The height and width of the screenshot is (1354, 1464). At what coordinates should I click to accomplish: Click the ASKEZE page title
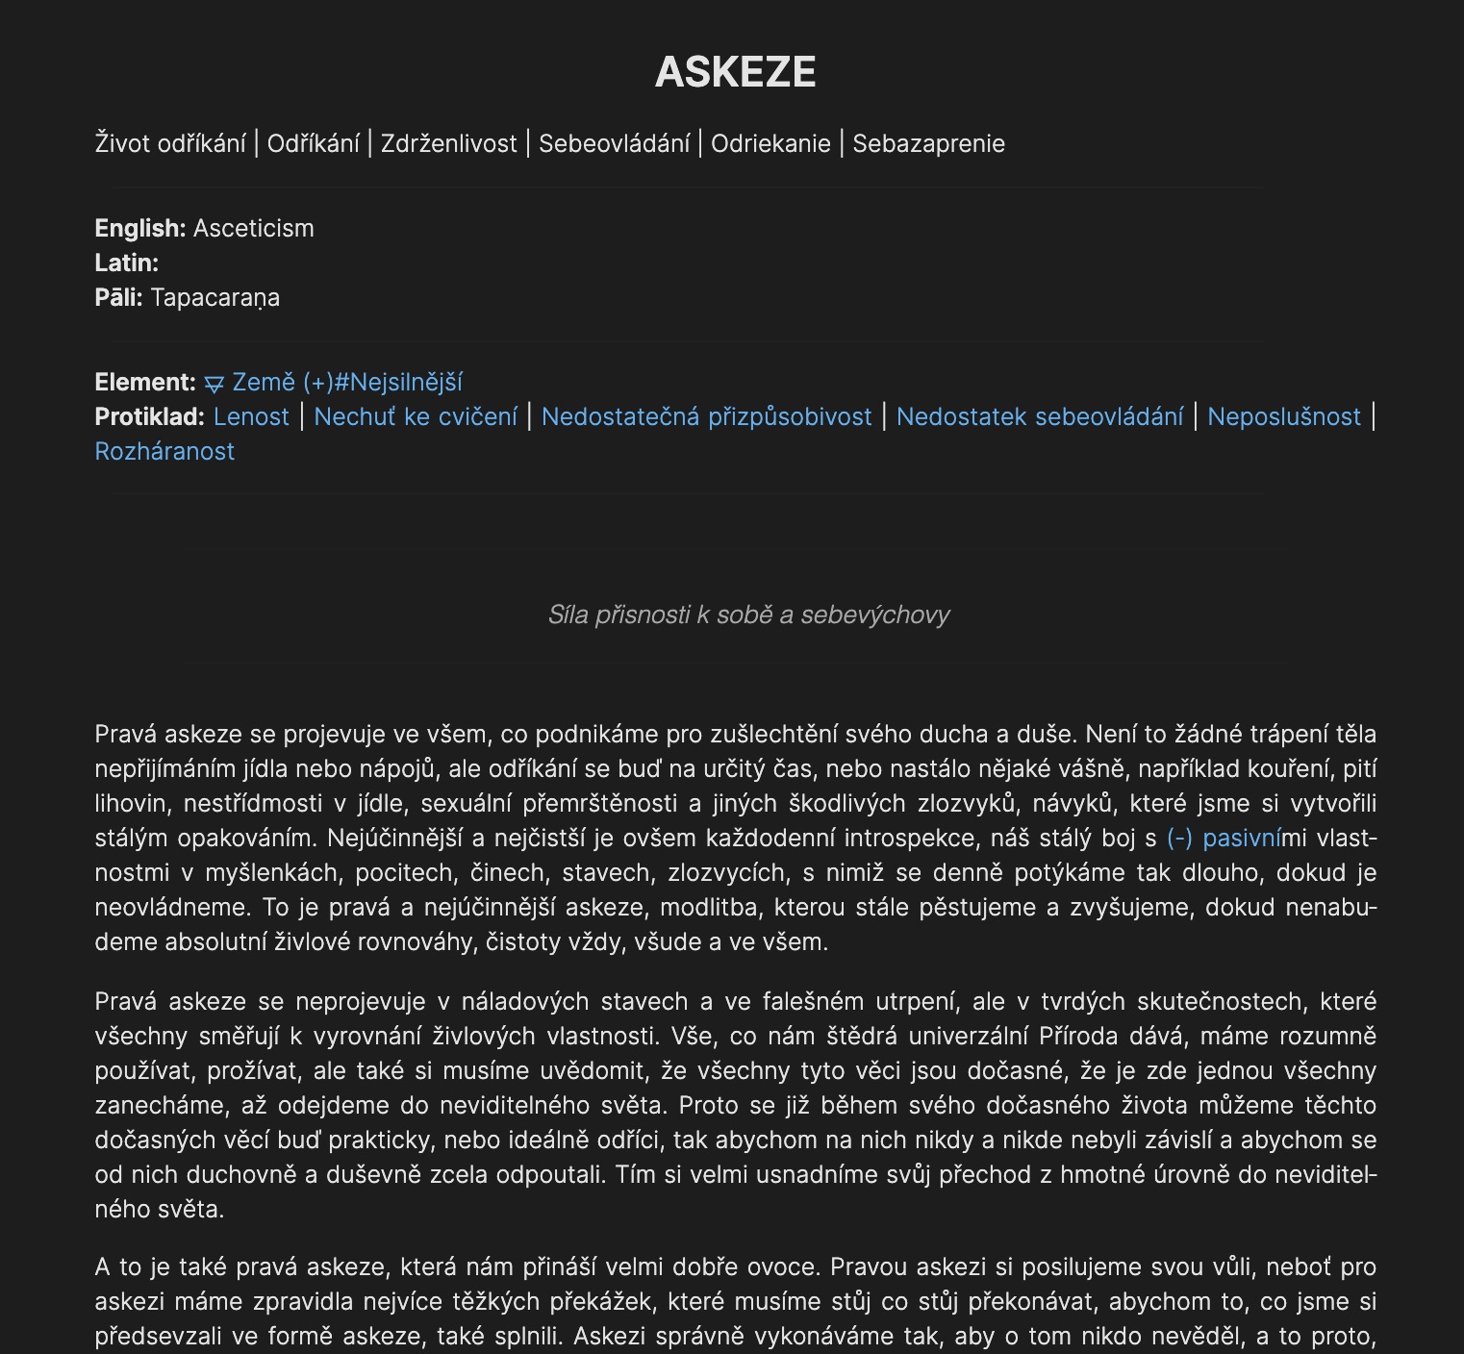735,72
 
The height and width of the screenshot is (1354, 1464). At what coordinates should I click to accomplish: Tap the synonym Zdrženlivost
448,144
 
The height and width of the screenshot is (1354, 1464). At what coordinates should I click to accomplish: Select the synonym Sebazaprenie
928,144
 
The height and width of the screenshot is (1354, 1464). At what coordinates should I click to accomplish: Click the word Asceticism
253,229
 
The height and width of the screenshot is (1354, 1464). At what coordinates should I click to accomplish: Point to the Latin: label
126,263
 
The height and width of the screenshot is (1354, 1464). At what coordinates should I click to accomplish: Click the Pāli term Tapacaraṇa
215,298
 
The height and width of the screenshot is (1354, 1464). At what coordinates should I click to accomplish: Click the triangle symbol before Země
215,384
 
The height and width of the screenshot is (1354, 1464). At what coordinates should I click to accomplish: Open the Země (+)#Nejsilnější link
347,383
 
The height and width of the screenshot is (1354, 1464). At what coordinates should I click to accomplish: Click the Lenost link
251,417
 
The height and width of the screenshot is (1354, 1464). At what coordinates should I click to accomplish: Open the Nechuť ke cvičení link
416,417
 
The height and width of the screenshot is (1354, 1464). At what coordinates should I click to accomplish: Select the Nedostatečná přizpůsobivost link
706,417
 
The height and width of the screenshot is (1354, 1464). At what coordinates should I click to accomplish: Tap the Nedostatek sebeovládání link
1040,417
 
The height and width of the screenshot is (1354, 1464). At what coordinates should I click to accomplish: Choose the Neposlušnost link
1284,417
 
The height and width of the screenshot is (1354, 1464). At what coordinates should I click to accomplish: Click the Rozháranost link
164,452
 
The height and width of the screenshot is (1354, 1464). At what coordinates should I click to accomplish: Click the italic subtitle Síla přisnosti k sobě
748,615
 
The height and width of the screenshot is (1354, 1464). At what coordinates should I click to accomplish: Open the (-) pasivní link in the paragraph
1224,839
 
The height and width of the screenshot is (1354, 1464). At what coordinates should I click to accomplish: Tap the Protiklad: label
149,417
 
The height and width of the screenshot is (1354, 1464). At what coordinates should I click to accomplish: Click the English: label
139,229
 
